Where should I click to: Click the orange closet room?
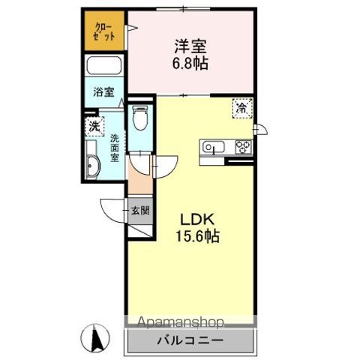104,32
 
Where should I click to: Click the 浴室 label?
103,94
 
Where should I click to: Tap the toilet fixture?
139,118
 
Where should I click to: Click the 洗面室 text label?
115,148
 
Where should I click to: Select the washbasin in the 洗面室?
93,166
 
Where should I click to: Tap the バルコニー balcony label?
189,340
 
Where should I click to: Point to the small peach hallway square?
138,180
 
